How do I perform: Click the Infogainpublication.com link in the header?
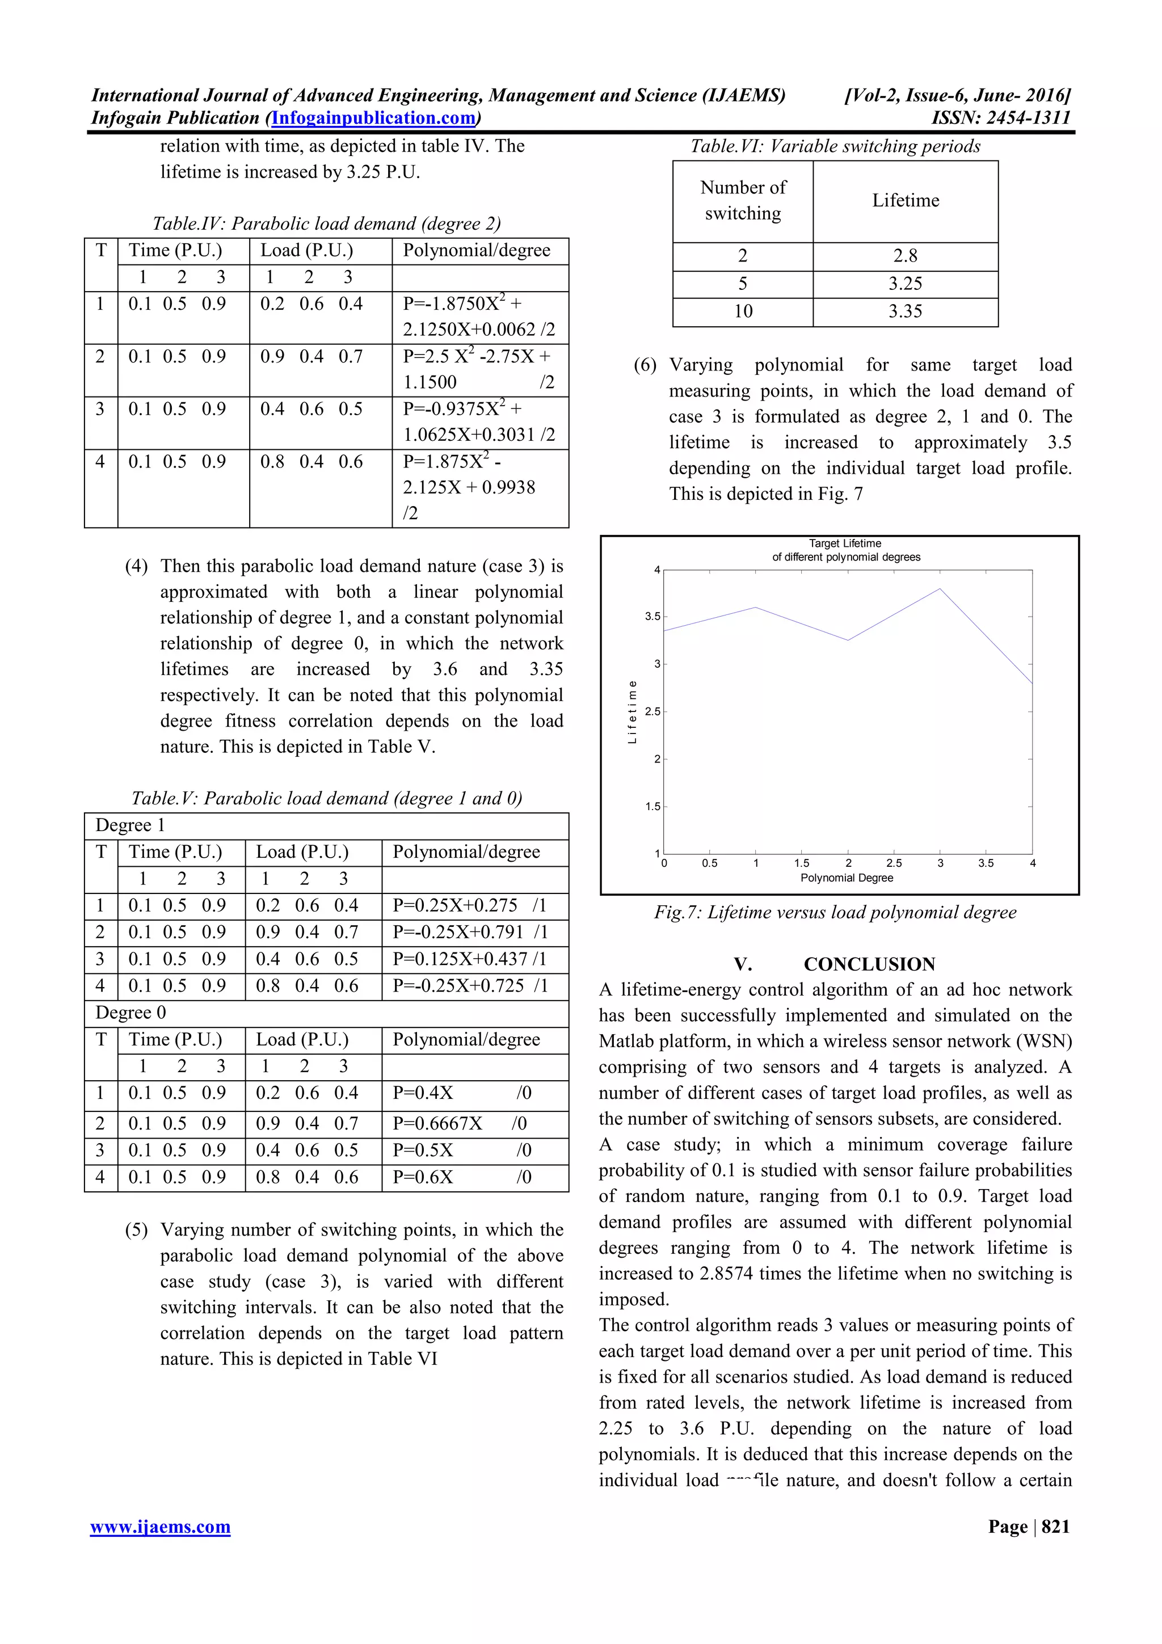(x=374, y=118)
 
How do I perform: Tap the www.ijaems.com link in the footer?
(x=161, y=1527)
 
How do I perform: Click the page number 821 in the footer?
(x=1055, y=1527)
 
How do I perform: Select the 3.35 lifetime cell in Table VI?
(x=905, y=311)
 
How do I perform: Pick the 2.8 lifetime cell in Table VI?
(x=905, y=256)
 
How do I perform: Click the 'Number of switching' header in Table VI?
(x=743, y=200)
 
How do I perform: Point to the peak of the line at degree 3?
(x=940, y=589)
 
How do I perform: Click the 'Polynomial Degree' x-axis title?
(x=847, y=878)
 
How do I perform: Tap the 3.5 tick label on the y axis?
(x=652, y=617)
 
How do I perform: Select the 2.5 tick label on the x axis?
(x=894, y=863)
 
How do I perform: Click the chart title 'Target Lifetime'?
(x=845, y=543)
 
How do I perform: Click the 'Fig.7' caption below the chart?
(x=835, y=912)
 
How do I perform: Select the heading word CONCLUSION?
(x=869, y=964)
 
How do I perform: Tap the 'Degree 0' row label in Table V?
(x=130, y=1013)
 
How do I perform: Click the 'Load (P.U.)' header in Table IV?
(x=306, y=250)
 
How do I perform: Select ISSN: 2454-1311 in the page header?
(x=1000, y=118)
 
